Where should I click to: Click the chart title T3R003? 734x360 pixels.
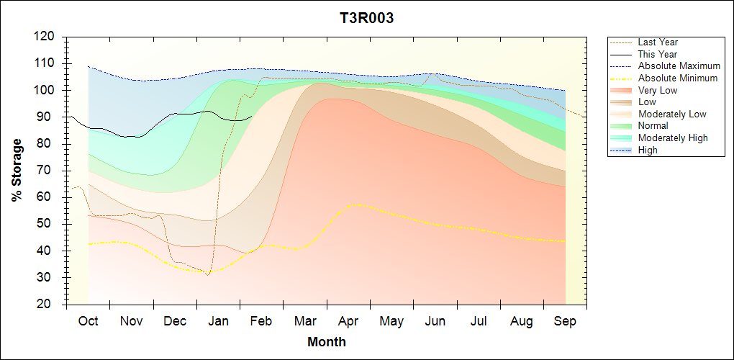tap(367, 19)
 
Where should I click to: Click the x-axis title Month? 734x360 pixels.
tap(327, 342)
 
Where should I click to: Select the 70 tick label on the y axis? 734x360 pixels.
tap(47, 170)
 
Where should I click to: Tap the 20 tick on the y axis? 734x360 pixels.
tap(47, 304)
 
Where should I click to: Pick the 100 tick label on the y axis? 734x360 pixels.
tap(45, 90)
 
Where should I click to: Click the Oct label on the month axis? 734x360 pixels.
tap(88, 321)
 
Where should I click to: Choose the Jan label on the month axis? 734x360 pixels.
tap(218, 321)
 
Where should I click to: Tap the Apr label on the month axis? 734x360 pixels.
tap(348, 321)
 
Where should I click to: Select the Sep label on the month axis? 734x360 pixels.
tap(565, 321)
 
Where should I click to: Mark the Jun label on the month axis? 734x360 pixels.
tap(435, 321)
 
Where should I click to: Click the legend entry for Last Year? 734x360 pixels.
tap(658, 42)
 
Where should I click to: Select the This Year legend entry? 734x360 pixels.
tap(658, 54)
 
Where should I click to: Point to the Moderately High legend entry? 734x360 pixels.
tap(673, 138)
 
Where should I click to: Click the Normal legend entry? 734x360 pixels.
tap(653, 126)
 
